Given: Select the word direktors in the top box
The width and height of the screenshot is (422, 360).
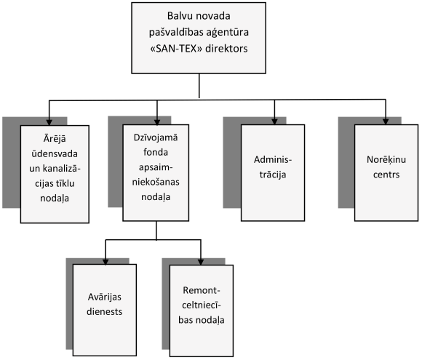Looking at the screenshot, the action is pos(226,49).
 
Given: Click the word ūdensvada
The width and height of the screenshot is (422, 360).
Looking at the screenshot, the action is pos(55,153).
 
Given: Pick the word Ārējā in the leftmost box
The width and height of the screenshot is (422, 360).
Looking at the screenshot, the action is pos(55,139).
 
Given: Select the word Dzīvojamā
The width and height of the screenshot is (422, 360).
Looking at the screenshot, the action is pos(156,137).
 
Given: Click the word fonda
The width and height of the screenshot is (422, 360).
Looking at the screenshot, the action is pos(156,152).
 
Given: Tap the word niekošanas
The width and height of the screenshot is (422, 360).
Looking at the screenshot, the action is pos(156,182).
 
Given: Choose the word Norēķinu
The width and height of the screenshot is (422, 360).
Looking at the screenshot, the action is pos(386,160).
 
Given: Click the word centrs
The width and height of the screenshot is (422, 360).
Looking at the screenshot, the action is pos(386,175).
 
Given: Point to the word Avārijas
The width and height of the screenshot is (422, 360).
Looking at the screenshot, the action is pos(105,297).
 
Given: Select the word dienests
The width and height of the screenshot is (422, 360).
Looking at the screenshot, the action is pos(105,311).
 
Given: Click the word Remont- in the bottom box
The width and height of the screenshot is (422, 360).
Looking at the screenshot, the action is pos(202,290).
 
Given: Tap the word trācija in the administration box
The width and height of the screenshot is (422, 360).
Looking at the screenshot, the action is pos(273,175).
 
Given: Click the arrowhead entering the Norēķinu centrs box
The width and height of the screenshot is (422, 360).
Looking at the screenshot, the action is pos(386,121).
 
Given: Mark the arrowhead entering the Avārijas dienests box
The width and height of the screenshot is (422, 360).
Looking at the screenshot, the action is pos(105,262).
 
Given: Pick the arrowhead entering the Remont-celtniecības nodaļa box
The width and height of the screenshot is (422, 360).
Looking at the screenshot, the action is pos(201,262).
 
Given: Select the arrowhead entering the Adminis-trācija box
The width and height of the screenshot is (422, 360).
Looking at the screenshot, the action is pos(274,121).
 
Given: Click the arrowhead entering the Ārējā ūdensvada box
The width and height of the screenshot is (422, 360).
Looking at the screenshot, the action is pos(49,122).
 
